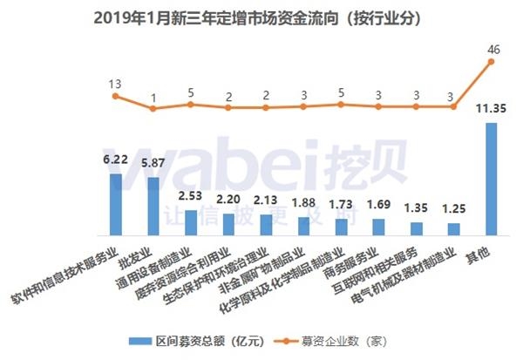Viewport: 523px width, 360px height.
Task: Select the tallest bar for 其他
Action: pos(491,180)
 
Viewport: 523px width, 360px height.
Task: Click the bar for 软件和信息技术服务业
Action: pos(115,205)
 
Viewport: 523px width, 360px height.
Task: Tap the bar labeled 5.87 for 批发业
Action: pos(153,207)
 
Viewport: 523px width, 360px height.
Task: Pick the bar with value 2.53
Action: pos(190,223)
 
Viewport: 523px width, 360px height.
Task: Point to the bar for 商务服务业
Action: pos(377,227)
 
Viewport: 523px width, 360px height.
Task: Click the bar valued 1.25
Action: pos(453,229)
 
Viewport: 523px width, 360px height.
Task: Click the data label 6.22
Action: pos(115,161)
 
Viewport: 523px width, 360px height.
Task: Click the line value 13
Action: pos(115,82)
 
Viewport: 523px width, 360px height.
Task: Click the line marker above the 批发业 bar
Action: pos(153,109)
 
